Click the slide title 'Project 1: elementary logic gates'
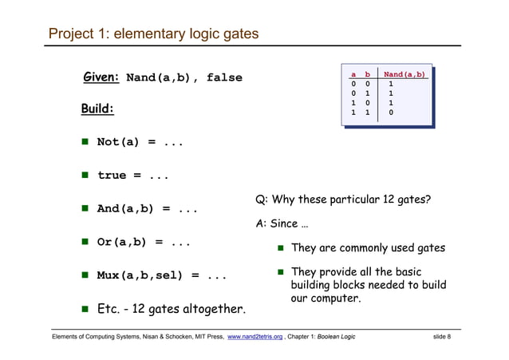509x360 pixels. [153, 34]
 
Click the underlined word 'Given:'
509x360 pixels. [101, 77]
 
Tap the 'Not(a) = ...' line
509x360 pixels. [140, 143]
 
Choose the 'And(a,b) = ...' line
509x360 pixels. [147, 209]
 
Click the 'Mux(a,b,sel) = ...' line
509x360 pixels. [162, 276]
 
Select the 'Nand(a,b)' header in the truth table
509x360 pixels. [404, 74]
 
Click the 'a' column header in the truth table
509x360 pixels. [353, 74]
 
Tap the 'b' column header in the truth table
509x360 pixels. [367, 74]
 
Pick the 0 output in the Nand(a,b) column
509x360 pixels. [390, 113]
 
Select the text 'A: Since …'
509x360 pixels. [277, 224]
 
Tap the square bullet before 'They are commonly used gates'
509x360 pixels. [281, 248]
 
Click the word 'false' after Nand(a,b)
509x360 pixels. [224, 78]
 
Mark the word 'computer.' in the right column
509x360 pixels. [336, 299]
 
